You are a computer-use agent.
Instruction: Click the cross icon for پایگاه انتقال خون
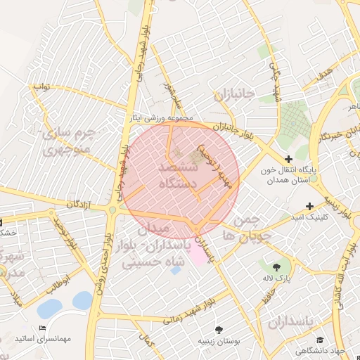point(288,160)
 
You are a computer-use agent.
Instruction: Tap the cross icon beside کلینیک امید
point(310,206)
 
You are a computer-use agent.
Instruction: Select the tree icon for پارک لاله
point(276,266)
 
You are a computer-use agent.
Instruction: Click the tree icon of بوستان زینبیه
point(220,329)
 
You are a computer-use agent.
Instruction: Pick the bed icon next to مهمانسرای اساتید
point(42,328)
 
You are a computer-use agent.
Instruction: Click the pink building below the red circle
point(199,255)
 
